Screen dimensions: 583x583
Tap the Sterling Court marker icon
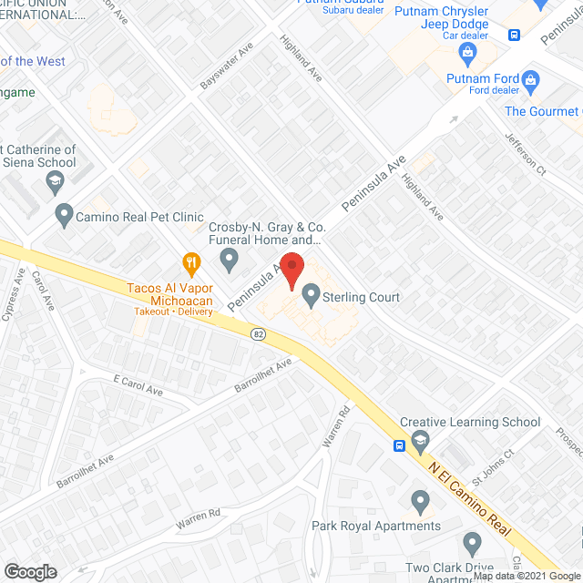312,294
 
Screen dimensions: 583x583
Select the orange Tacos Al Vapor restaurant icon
191,264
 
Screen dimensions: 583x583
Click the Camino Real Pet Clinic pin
64,216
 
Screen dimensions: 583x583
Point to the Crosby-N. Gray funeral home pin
230,262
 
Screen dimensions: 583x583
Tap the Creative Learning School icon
420,444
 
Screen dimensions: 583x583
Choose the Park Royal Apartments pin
420,501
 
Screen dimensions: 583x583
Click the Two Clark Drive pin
472,545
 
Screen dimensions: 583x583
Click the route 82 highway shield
259,334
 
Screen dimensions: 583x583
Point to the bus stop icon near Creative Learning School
399,446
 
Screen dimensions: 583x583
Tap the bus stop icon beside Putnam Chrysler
514,35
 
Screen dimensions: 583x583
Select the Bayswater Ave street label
227,68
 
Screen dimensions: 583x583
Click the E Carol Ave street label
138,385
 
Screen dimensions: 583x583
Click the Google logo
30,571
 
